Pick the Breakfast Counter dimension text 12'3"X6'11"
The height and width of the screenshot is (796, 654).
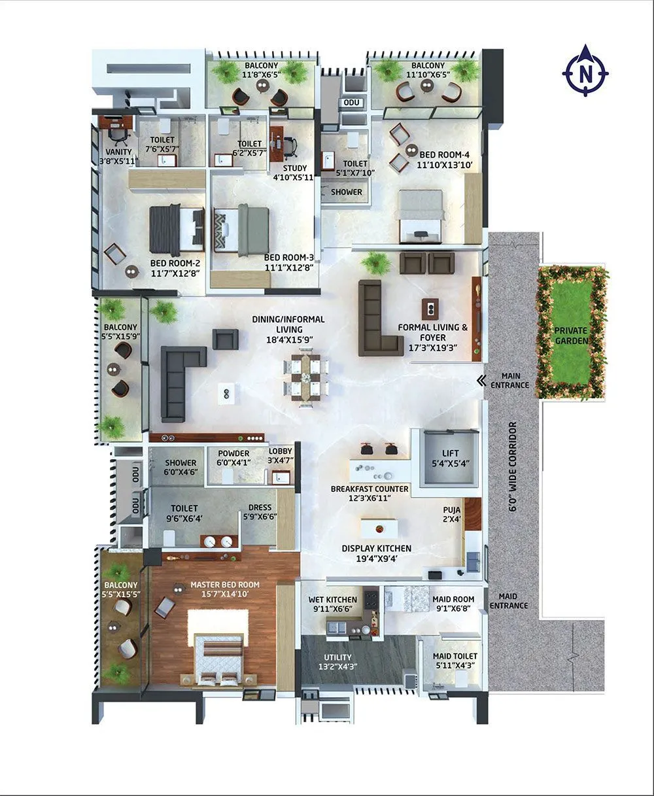tap(370, 498)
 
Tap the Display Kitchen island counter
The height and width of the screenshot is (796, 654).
tap(379, 528)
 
